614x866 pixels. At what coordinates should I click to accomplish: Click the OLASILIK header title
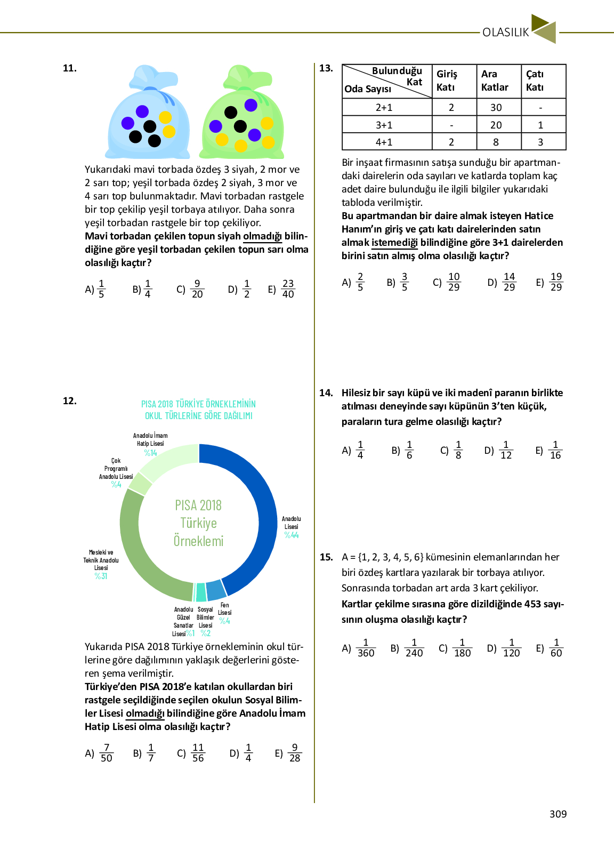pyautogui.click(x=505, y=33)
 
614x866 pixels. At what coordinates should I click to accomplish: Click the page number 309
pyautogui.click(x=558, y=814)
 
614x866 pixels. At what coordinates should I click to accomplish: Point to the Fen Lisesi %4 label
pyautogui.click(x=225, y=613)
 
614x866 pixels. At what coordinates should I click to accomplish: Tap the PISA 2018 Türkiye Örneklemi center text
pyautogui.click(x=198, y=523)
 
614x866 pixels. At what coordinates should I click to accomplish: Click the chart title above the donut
pyautogui.click(x=198, y=410)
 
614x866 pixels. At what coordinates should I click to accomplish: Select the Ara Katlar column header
pyautogui.click(x=495, y=81)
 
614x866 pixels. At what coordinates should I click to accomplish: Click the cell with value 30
pyautogui.click(x=496, y=108)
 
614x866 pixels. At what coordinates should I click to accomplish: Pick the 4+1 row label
pyautogui.click(x=384, y=142)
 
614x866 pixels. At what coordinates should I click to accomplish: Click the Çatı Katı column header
pyautogui.click(x=535, y=81)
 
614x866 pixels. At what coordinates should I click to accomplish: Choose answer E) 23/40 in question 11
pyautogui.click(x=282, y=289)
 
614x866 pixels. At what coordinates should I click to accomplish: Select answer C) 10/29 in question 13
pyautogui.click(x=447, y=282)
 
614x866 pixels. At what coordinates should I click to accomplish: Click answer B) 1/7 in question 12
pyautogui.click(x=144, y=753)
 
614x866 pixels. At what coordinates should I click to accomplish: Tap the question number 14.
pyautogui.click(x=326, y=393)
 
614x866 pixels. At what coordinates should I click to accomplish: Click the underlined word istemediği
pyautogui.click(x=394, y=243)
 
